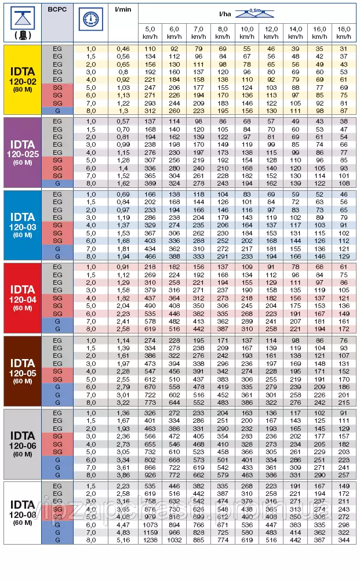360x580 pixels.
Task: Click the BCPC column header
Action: [57, 9]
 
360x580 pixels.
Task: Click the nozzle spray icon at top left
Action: [21, 16]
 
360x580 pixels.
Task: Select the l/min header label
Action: [122, 9]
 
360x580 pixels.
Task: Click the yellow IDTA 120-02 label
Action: [23, 81]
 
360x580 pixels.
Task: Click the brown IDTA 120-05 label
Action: [23, 371]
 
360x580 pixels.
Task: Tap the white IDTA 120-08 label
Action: [23, 513]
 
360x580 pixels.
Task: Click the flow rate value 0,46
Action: [122, 49]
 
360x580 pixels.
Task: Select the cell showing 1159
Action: [150, 531]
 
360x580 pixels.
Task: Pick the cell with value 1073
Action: [150, 524]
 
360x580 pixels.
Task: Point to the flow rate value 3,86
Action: [122, 474]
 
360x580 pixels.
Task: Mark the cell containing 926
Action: [150, 474]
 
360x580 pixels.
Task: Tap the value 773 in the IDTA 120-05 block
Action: [150, 402]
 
